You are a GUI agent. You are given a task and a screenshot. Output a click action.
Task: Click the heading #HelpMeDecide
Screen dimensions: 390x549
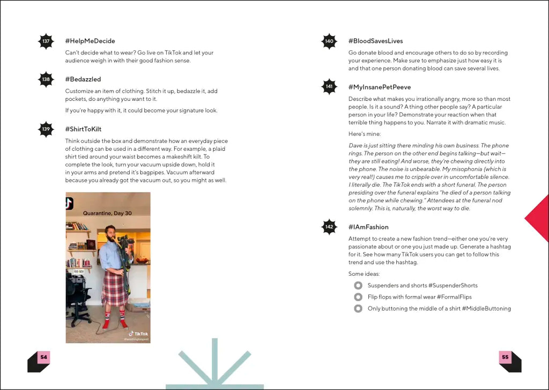pos(90,41)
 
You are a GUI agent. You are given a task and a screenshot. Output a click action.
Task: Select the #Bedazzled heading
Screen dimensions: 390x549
pos(83,79)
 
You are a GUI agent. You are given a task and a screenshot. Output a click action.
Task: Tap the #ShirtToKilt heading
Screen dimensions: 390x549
pos(83,129)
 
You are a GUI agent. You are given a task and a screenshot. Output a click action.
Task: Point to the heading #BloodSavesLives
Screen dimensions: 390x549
pos(375,41)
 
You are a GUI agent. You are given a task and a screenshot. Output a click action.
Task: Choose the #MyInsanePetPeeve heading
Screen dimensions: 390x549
pos(380,87)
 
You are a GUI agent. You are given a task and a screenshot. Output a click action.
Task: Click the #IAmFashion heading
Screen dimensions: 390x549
pos(368,227)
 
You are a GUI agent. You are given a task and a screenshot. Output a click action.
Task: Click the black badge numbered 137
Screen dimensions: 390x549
pos(46,41)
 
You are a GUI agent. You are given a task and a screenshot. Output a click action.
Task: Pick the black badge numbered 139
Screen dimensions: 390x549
pos(46,129)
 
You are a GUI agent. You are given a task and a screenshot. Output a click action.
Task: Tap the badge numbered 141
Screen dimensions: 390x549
pos(329,87)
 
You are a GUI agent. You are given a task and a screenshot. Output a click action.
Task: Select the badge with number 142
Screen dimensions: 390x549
pos(329,227)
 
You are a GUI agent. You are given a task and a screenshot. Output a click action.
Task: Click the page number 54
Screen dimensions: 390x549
pos(43,357)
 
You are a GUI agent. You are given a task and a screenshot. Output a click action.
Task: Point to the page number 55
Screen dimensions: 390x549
pos(505,357)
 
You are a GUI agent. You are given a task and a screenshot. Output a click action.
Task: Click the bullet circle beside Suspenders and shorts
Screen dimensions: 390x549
pos(358,285)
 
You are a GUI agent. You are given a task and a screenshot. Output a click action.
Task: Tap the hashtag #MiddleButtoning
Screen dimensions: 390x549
pos(486,308)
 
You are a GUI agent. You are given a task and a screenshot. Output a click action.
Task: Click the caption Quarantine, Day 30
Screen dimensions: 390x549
pos(107,213)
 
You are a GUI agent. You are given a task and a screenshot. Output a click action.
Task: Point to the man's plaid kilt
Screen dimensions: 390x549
pos(115,287)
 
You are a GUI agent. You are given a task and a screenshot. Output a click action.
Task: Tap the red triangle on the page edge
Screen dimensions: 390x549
pos(539,218)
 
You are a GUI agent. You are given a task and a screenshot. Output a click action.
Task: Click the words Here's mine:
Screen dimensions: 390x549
pos(364,134)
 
